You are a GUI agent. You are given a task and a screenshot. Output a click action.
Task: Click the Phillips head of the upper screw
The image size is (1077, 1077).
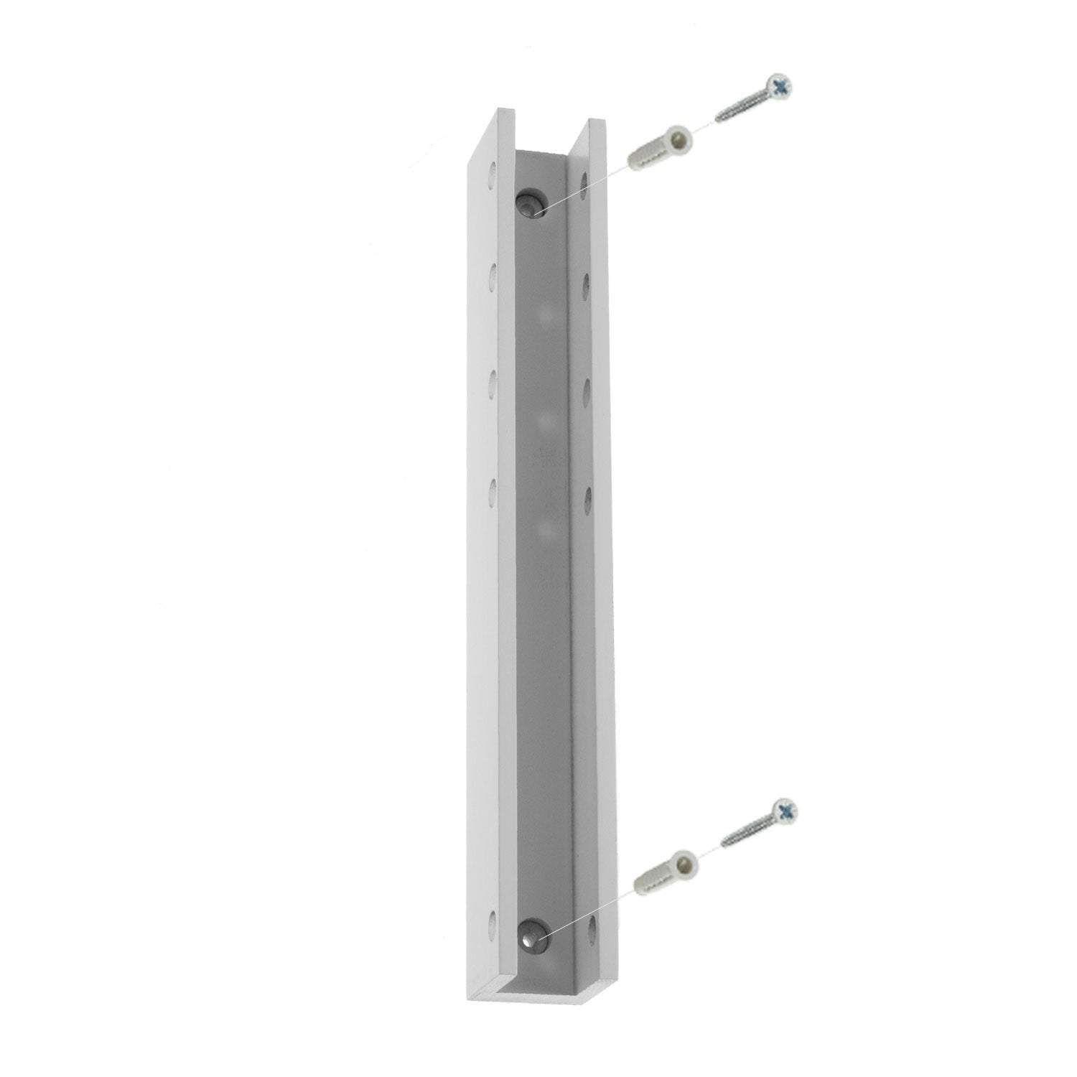[780, 87]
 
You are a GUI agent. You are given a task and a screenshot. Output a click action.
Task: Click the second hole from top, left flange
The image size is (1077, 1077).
[493, 274]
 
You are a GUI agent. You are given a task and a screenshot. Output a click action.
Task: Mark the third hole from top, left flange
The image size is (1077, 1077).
[493, 381]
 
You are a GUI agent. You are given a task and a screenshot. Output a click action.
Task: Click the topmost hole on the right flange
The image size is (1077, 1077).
[586, 182]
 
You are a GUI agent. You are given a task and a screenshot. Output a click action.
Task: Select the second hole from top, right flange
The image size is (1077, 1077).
[587, 281]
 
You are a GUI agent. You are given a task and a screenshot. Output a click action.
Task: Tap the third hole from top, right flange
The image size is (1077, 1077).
[587, 388]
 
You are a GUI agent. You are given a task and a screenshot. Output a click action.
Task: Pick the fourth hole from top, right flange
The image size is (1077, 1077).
[587, 496]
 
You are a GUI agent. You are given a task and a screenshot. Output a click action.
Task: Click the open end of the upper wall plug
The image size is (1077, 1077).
[678, 134]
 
